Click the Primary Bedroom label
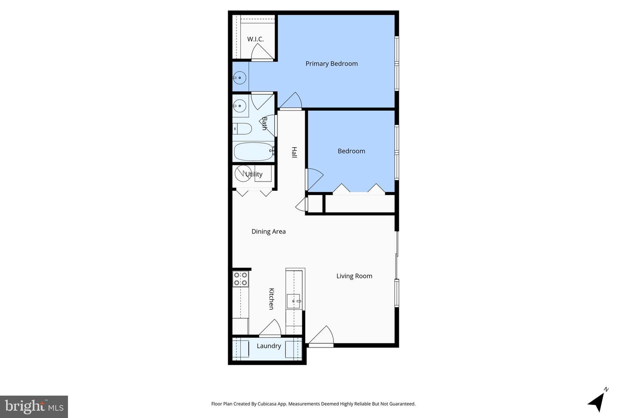[x=331, y=64]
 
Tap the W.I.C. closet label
[x=255, y=39]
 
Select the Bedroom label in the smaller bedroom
[x=351, y=151]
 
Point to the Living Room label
[x=354, y=276]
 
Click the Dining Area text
[x=268, y=232]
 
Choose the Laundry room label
[x=269, y=346]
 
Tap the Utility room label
[x=254, y=174]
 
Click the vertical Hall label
[x=294, y=152]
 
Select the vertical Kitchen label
[x=271, y=299]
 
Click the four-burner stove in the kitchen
[x=240, y=279]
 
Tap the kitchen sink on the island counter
[x=293, y=301]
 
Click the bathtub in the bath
[x=253, y=152]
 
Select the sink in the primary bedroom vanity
[x=239, y=78]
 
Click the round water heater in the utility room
[x=243, y=173]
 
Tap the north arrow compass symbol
[x=597, y=400]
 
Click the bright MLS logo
[x=34, y=407]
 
